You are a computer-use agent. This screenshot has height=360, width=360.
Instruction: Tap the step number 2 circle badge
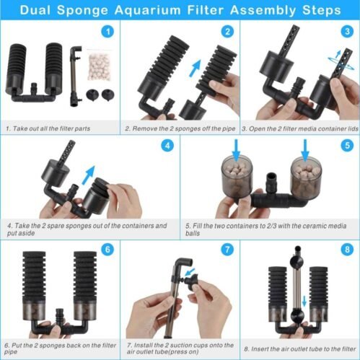[x=227, y=32]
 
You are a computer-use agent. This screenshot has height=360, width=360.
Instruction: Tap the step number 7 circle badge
[x=227, y=250]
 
